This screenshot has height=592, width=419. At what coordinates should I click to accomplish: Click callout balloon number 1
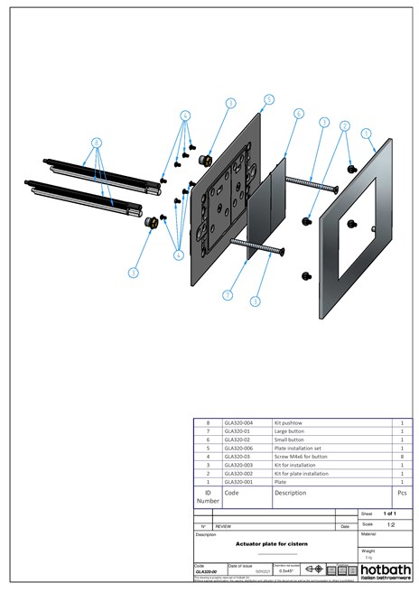coord(366,134)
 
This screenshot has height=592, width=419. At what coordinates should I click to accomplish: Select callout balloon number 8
coord(98,142)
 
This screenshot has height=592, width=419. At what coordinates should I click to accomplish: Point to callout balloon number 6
coord(299,114)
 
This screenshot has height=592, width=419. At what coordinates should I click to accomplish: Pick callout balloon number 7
coord(228,295)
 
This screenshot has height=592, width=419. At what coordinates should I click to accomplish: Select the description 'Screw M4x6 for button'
coord(302,456)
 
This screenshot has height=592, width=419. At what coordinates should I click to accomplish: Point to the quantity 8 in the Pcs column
coord(402,456)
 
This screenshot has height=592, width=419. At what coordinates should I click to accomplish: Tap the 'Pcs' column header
coord(402,494)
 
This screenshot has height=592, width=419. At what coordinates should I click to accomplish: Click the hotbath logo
coord(386,572)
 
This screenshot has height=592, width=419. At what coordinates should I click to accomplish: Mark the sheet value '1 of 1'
coord(390,513)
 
